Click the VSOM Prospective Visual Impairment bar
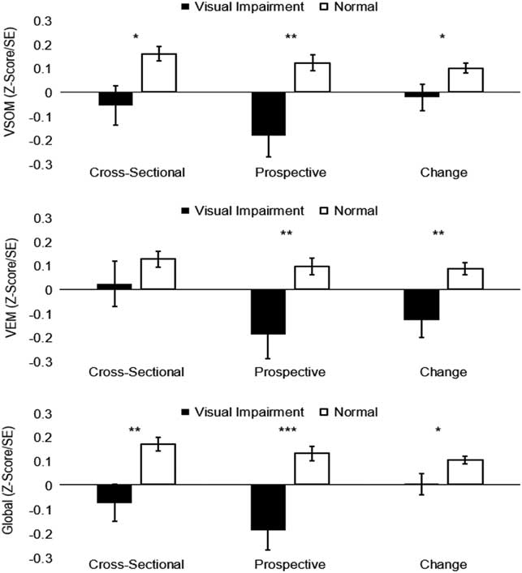[x=268, y=113]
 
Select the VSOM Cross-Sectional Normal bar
[x=159, y=73]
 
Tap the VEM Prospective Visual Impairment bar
[x=268, y=312]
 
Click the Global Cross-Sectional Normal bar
[x=159, y=464]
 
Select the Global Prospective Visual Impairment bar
[x=268, y=507]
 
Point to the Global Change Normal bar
[x=465, y=473]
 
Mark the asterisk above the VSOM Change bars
[x=443, y=38]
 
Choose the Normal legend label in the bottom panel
[x=356, y=412]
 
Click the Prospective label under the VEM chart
[x=290, y=372]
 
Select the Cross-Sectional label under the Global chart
[x=136, y=564]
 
